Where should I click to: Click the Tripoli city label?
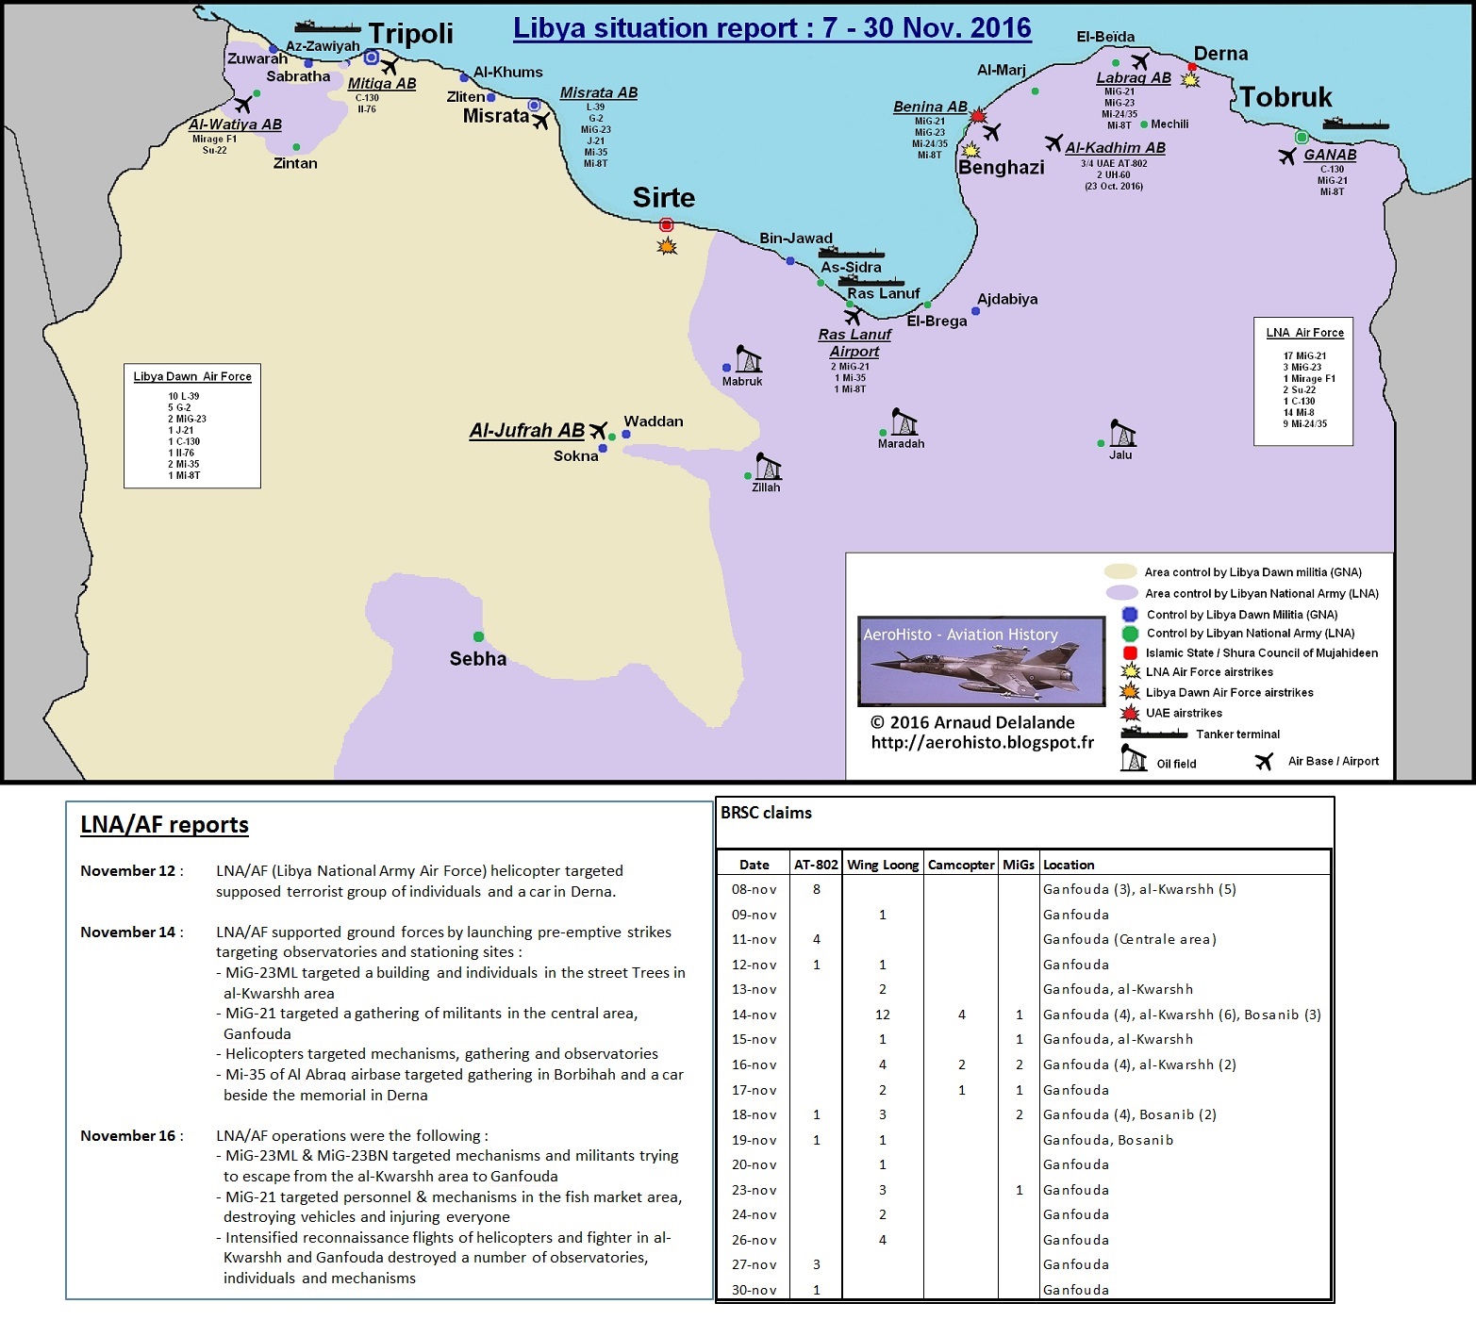[410, 34]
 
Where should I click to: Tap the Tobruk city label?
[1285, 97]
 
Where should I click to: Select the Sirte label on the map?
[663, 198]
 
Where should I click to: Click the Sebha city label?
[477, 659]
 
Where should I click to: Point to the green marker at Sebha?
[478, 637]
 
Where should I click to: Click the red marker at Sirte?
[667, 225]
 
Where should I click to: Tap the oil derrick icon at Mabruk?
[749, 359]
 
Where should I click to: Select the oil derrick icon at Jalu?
[1122, 433]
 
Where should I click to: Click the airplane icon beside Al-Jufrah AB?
[598, 431]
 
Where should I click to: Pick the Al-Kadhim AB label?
[1115, 148]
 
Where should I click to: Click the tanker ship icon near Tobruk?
[1354, 124]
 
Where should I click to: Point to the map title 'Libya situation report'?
[771, 28]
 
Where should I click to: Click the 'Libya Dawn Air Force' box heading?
[192, 376]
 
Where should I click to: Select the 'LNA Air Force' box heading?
[1304, 333]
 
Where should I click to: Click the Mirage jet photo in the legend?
[981, 661]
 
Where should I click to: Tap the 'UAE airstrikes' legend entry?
[1184, 713]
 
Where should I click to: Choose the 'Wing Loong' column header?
[883, 865]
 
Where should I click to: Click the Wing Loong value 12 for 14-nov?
[883, 1015]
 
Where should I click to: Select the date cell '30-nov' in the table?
[755, 1290]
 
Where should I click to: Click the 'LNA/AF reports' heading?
[164, 825]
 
